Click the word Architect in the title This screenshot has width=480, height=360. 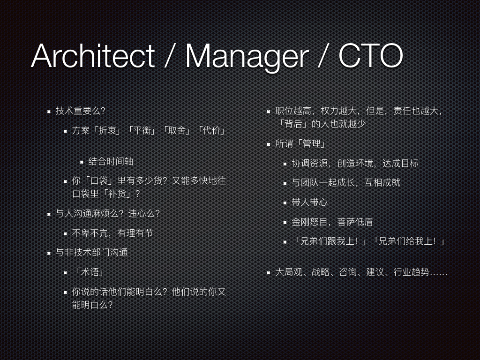point(93,56)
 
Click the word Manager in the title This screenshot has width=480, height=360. point(247,58)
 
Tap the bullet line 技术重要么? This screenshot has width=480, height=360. point(80,111)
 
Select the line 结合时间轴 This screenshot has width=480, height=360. point(111,161)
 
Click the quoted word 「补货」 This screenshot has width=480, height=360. point(118,194)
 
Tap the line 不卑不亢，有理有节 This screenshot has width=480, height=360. point(112,233)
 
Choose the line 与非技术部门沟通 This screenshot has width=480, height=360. point(91,253)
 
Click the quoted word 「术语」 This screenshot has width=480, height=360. point(89,272)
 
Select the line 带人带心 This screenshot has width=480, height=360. point(309,202)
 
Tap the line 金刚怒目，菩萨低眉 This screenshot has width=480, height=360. point(332,222)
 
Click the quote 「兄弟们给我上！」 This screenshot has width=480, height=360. point(409,241)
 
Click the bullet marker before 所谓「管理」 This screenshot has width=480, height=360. point(269,144)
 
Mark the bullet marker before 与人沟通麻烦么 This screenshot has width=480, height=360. point(49,214)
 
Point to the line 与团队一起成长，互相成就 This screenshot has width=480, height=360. point(346,183)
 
